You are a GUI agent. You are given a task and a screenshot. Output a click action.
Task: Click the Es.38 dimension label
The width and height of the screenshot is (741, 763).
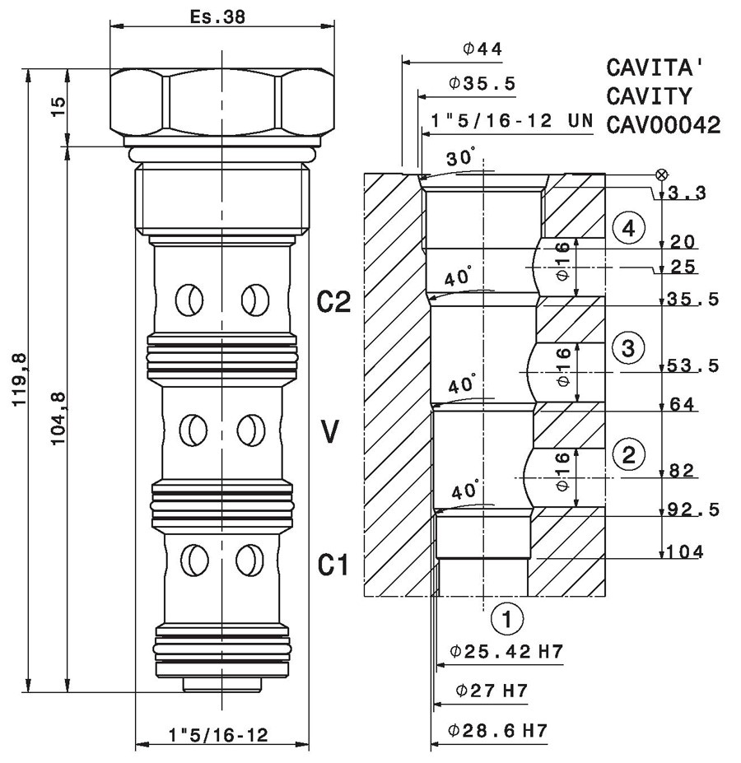[x=217, y=17]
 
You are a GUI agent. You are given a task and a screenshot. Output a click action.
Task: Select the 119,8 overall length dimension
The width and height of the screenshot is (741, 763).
[x=20, y=380]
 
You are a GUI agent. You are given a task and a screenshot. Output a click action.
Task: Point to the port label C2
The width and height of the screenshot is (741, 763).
[x=334, y=302]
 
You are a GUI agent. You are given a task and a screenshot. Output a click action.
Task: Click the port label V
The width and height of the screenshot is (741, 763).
[x=329, y=431]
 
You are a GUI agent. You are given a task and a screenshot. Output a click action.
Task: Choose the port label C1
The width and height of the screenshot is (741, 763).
[x=333, y=565]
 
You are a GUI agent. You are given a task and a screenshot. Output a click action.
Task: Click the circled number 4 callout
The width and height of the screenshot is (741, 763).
[x=628, y=228]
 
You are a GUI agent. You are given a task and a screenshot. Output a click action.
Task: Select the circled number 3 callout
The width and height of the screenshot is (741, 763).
[x=628, y=348]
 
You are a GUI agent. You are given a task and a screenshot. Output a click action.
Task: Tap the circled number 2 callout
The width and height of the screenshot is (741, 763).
[x=629, y=454]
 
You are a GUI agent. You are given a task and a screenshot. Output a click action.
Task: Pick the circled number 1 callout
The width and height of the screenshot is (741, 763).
[x=507, y=619]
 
